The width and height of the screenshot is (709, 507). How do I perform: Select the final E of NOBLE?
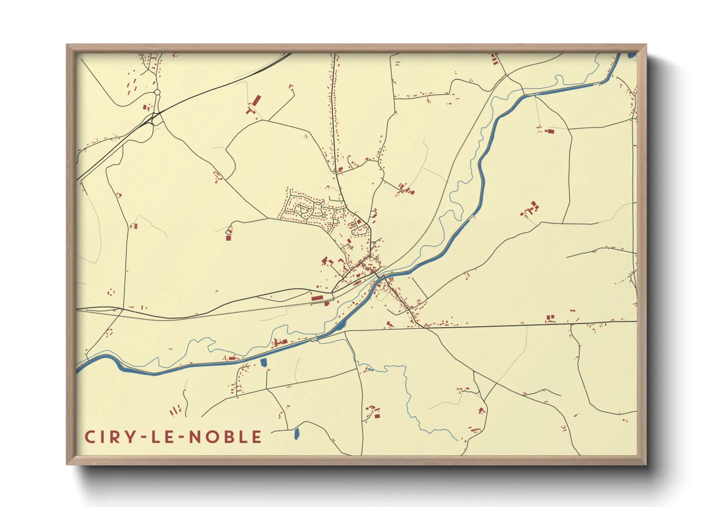[x=257, y=437]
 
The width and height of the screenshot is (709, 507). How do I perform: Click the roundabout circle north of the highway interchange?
[x=157, y=92]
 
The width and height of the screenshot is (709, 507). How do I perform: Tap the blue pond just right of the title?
[x=296, y=434]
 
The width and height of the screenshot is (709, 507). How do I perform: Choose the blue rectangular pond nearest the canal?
[x=263, y=363]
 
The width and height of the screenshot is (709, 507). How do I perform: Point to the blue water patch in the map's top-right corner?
[x=631, y=55]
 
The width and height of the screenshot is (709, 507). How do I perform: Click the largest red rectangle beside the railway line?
[x=317, y=298]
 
